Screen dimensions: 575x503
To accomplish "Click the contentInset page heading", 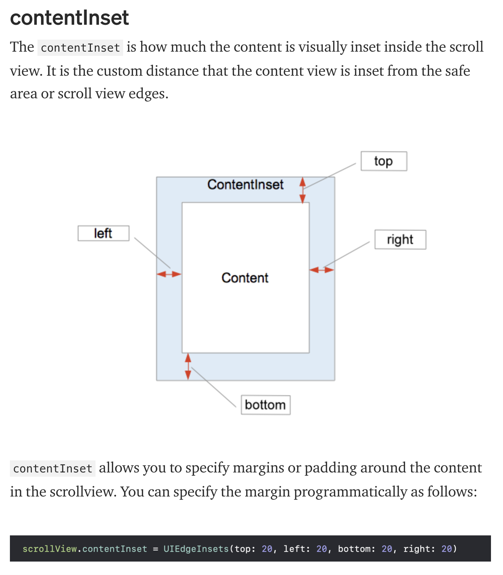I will [x=69, y=18].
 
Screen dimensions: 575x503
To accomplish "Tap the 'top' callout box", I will [x=384, y=161].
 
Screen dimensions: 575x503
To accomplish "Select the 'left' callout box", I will [x=103, y=233].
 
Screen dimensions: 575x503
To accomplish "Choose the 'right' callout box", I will [x=400, y=240].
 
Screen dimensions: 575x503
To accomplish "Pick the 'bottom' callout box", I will [x=265, y=405].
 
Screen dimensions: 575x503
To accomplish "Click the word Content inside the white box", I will [x=245, y=278].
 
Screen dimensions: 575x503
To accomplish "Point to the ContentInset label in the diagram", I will [x=245, y=185].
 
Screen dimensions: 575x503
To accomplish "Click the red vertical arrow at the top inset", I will [x=302, y=190].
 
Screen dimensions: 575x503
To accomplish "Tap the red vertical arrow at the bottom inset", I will [x=188, y=366].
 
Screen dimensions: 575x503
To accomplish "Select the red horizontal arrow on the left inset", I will [x=169, y=274].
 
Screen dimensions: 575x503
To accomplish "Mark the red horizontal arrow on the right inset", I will [x=322, y=270].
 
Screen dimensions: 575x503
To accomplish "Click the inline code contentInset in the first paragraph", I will [x=80, y=48].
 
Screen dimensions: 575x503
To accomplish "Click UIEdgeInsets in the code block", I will [x=196, y=549].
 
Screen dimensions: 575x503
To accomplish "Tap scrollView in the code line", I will [x=50, y=549].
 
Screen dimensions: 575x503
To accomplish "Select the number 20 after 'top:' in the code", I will [x=267, y=549].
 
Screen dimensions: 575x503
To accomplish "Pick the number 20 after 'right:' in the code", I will [x=447, y=549].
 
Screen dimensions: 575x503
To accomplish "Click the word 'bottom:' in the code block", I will [x=354, y=549].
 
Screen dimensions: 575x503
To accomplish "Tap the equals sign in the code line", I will [x=155, y=549].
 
